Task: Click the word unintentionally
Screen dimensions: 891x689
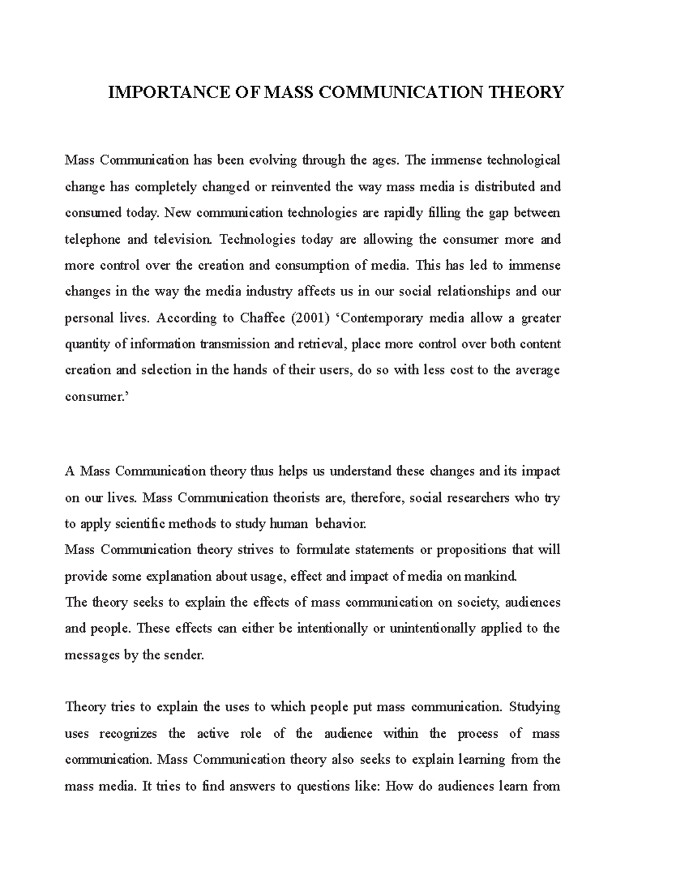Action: [x=432, y=628]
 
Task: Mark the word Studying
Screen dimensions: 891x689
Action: [x=535, y=707]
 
